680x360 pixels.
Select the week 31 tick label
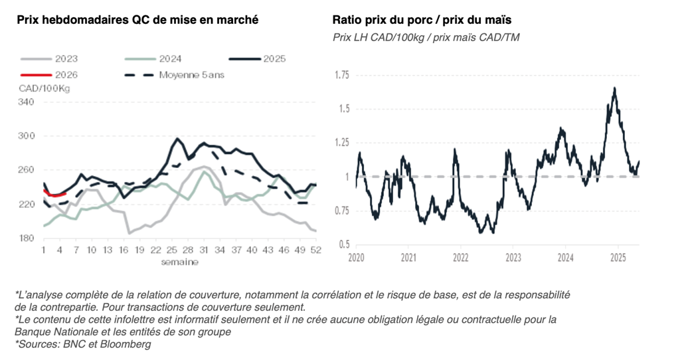tap(205, 250)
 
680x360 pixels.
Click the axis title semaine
tap(179, 262)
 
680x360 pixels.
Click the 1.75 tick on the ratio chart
tap(342, 74)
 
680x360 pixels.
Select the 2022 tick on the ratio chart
tap(460, 257)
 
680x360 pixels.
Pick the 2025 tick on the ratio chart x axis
tap(618, 257)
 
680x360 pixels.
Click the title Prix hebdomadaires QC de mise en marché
tap(137, 20)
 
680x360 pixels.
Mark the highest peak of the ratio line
tap(615, 88)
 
